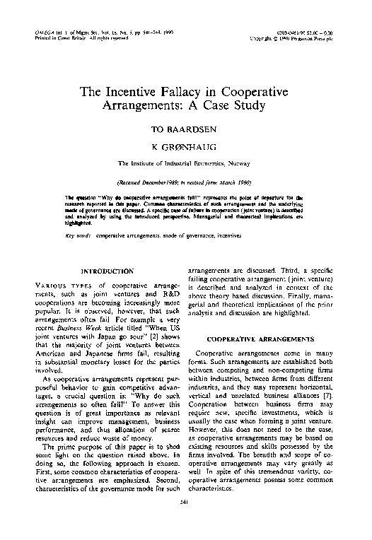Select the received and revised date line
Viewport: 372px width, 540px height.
tap(185, 181)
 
